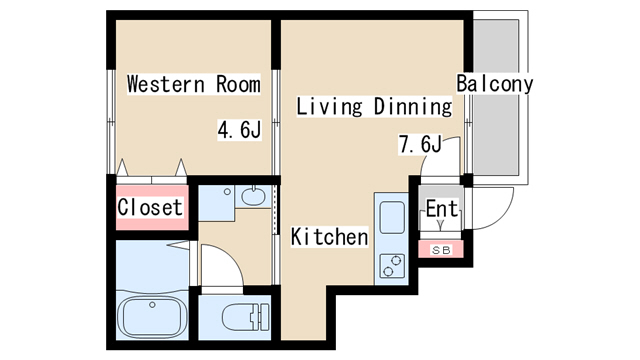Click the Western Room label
coord(193,84)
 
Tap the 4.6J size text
coord(240,130)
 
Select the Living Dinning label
coord(374,106)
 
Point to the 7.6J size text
coord(419,144)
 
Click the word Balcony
coord(494,84)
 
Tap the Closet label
coord(150,208)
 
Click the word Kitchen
coord(329,237)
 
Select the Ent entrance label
coord(441,210)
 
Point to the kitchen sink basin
coord(390,218)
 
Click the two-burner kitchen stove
coord(390,264)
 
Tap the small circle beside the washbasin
coord(228,191)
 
